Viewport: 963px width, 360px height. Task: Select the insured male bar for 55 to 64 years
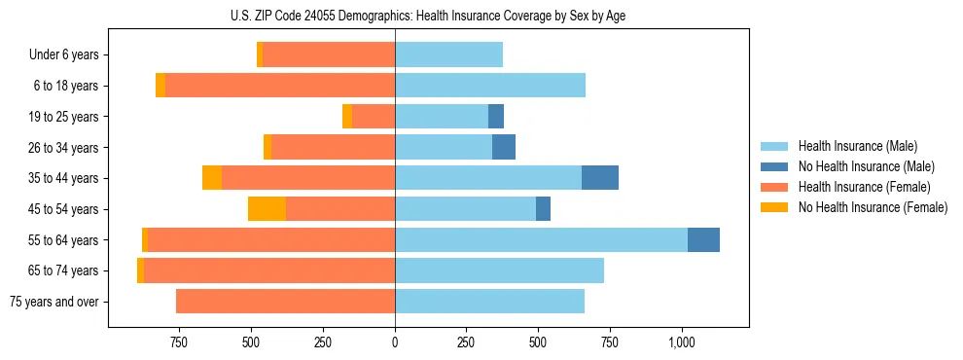coord(541,239)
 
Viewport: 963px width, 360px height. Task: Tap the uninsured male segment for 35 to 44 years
coord(600,178)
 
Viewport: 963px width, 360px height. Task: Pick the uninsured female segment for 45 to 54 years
coord(267,209)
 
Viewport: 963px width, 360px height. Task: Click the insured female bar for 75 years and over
coord(285,302)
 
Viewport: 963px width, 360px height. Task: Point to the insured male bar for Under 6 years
coord(448,54)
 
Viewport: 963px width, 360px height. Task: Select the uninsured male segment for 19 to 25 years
coord(496,117)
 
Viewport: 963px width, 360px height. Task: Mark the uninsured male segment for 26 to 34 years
coord(504,147)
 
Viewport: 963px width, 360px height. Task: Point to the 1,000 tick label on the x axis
coord(681,342)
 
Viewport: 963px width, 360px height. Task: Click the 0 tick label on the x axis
coord(395,342)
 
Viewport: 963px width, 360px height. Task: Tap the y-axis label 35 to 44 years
coord(65,178)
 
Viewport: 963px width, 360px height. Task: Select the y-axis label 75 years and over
coord(54,302)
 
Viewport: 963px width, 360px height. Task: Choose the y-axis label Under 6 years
coord(64,54)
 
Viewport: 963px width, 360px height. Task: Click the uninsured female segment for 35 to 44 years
coord(212,178)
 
